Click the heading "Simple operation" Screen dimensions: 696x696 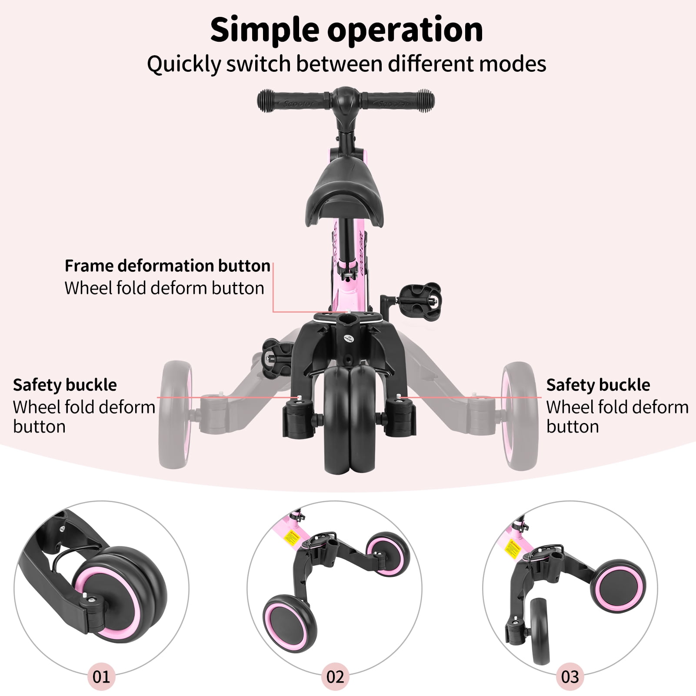point(346,30)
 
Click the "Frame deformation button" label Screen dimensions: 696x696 point(167,266)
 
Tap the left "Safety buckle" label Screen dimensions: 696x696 point(65,385)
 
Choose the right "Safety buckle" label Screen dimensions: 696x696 point(598,385)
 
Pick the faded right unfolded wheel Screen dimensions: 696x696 point(520,415)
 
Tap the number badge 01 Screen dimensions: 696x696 point(101,676)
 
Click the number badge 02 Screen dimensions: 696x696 point(335,676)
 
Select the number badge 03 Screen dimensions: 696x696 point(570,676)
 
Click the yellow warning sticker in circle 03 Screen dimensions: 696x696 point(513,549)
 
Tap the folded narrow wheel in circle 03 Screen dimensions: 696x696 point(540,630)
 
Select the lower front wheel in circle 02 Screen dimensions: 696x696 point(290,623)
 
